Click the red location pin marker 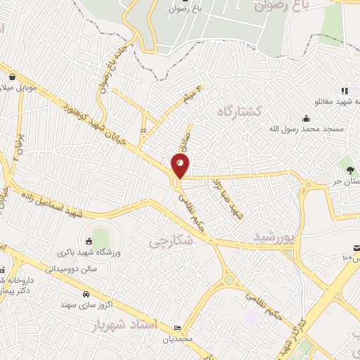[181, 165]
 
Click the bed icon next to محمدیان [176, 328]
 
